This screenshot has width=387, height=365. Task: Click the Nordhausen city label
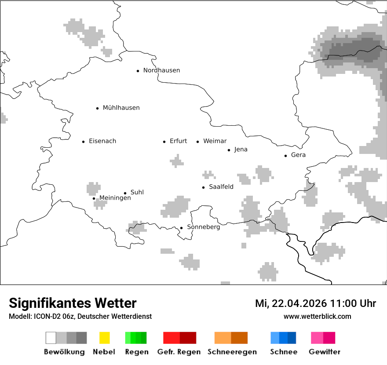(161, 70)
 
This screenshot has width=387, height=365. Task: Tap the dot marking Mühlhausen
(98, 108)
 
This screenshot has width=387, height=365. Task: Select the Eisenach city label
(102, 141)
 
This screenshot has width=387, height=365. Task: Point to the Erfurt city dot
(164, 142)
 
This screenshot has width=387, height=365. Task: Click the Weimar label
(215, 141)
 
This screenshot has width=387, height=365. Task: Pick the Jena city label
(241, 150)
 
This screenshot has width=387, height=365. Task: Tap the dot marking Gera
(286, 156)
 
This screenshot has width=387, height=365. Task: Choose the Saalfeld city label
(221, 187)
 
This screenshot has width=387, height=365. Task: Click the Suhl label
(137, 192)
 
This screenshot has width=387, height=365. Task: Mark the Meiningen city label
(115, 198)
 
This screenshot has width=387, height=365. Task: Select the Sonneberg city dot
(181, 228)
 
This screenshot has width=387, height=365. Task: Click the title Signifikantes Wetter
(73, 303)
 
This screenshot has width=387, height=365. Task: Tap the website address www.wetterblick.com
(317, 316)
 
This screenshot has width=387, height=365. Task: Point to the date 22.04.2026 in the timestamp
(299, 304)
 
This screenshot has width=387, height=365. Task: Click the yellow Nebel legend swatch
(105, 338)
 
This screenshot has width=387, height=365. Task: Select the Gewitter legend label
(324, 352)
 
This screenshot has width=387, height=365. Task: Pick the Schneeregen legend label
(232, 352)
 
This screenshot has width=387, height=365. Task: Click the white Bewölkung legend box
(51, 338)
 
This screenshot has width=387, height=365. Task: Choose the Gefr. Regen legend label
(179, 352)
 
